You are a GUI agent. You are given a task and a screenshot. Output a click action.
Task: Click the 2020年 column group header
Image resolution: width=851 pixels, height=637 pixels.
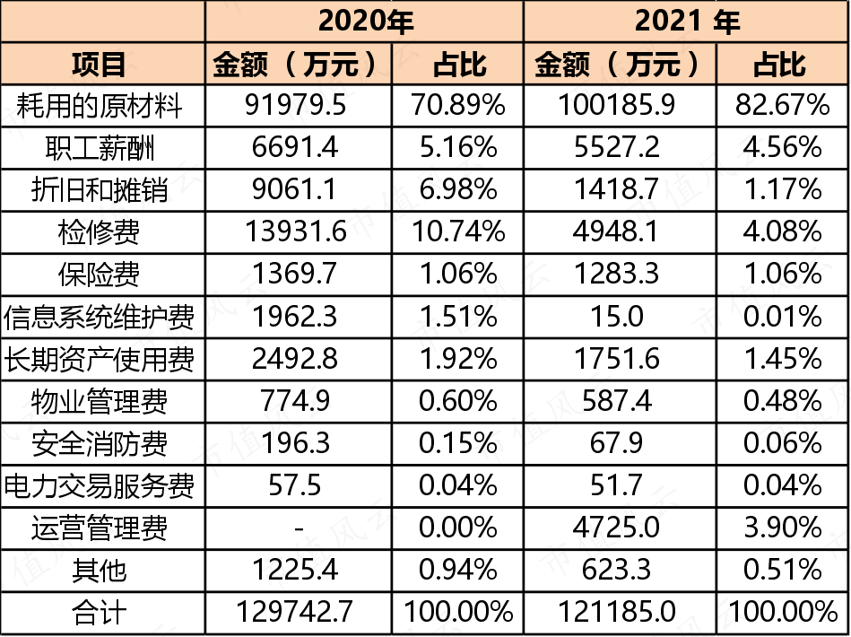365,22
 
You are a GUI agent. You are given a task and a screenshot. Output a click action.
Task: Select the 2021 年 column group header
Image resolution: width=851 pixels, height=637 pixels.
687,22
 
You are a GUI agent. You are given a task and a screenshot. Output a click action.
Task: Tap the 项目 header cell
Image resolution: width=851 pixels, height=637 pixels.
99,64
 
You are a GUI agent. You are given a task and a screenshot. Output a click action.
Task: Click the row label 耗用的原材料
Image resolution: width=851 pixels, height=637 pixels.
99,105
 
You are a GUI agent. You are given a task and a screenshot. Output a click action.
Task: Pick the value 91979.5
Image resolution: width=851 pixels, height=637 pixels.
295,105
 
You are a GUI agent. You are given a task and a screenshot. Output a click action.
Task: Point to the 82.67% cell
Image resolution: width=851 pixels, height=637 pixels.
782,105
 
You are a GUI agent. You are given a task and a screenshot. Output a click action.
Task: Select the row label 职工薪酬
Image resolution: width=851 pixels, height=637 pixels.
100,148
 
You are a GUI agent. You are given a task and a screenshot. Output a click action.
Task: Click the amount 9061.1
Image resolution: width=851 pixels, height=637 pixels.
295,189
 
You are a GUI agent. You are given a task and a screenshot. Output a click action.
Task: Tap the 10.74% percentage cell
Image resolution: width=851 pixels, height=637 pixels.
458,231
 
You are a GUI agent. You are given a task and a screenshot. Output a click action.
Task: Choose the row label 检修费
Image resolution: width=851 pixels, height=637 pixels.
99,232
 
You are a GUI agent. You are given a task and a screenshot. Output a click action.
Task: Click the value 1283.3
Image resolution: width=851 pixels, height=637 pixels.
616,275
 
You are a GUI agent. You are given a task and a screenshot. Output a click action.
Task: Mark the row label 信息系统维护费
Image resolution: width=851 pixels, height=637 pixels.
99,317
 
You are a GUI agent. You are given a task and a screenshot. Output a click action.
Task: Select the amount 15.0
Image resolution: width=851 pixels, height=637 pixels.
617,317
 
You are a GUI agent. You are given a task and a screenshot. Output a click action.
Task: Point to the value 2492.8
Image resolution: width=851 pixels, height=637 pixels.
295,359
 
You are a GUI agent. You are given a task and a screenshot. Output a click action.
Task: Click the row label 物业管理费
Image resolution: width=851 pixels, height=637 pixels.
99,402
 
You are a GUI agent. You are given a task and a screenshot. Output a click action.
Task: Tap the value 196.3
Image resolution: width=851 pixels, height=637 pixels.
296,444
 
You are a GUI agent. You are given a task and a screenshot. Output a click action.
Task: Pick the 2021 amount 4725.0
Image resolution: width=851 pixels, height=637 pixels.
616,528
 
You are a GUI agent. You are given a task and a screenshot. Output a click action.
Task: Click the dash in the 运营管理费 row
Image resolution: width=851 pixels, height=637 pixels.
299,528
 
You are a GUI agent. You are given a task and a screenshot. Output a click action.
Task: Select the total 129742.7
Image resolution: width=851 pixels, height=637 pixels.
295,612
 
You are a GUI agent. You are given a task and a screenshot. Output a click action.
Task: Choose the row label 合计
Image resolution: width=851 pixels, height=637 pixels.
99,613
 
